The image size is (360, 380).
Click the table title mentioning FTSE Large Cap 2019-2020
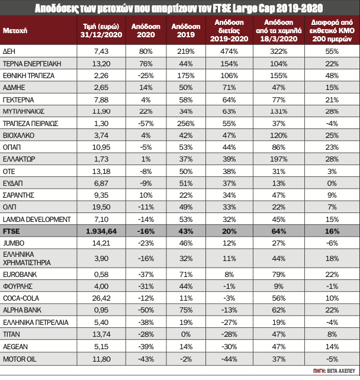[179, 8]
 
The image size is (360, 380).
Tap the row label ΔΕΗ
[9, 51]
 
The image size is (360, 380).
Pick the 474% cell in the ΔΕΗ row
[224, 51]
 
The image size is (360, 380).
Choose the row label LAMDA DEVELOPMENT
[34, 219]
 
